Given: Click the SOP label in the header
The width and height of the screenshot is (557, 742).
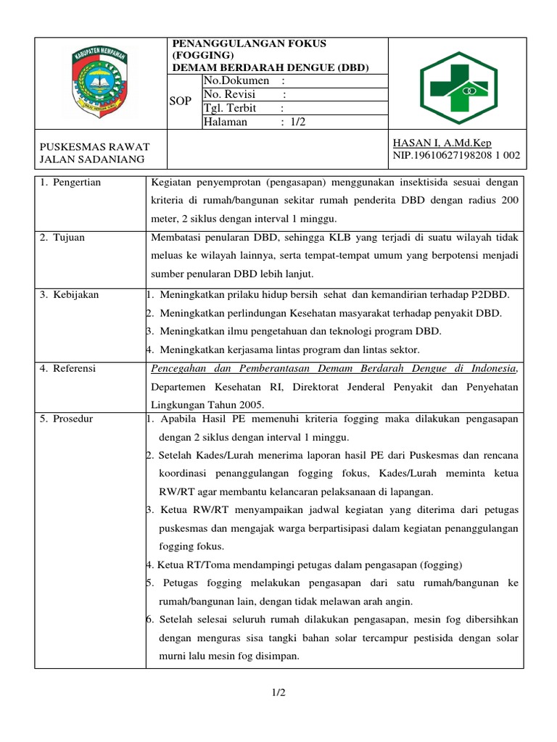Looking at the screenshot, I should pyautogui.click(x=180, y=101).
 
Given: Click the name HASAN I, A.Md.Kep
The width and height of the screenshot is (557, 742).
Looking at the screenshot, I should pyautogui.click(x=442, y=143).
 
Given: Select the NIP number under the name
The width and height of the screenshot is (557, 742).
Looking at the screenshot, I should pyautogui.click(x=455, y=155).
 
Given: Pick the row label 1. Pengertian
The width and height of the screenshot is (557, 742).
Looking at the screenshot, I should pyautogui.click(x=70, y=183).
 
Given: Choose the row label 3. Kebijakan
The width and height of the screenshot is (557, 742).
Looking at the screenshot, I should pyautogui.click(x=70, y=294).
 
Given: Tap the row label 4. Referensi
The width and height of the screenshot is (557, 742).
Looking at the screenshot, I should pyautogui.click(x=69, y=369).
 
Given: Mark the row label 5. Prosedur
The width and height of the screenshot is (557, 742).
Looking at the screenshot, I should pyautogui.click(x=67, y=419).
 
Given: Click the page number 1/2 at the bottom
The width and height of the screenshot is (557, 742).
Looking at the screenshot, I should pyautogui.click(x=278, y=693).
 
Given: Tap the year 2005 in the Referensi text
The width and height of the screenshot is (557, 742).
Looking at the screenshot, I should pyautogui.click(x=251, y=404).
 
